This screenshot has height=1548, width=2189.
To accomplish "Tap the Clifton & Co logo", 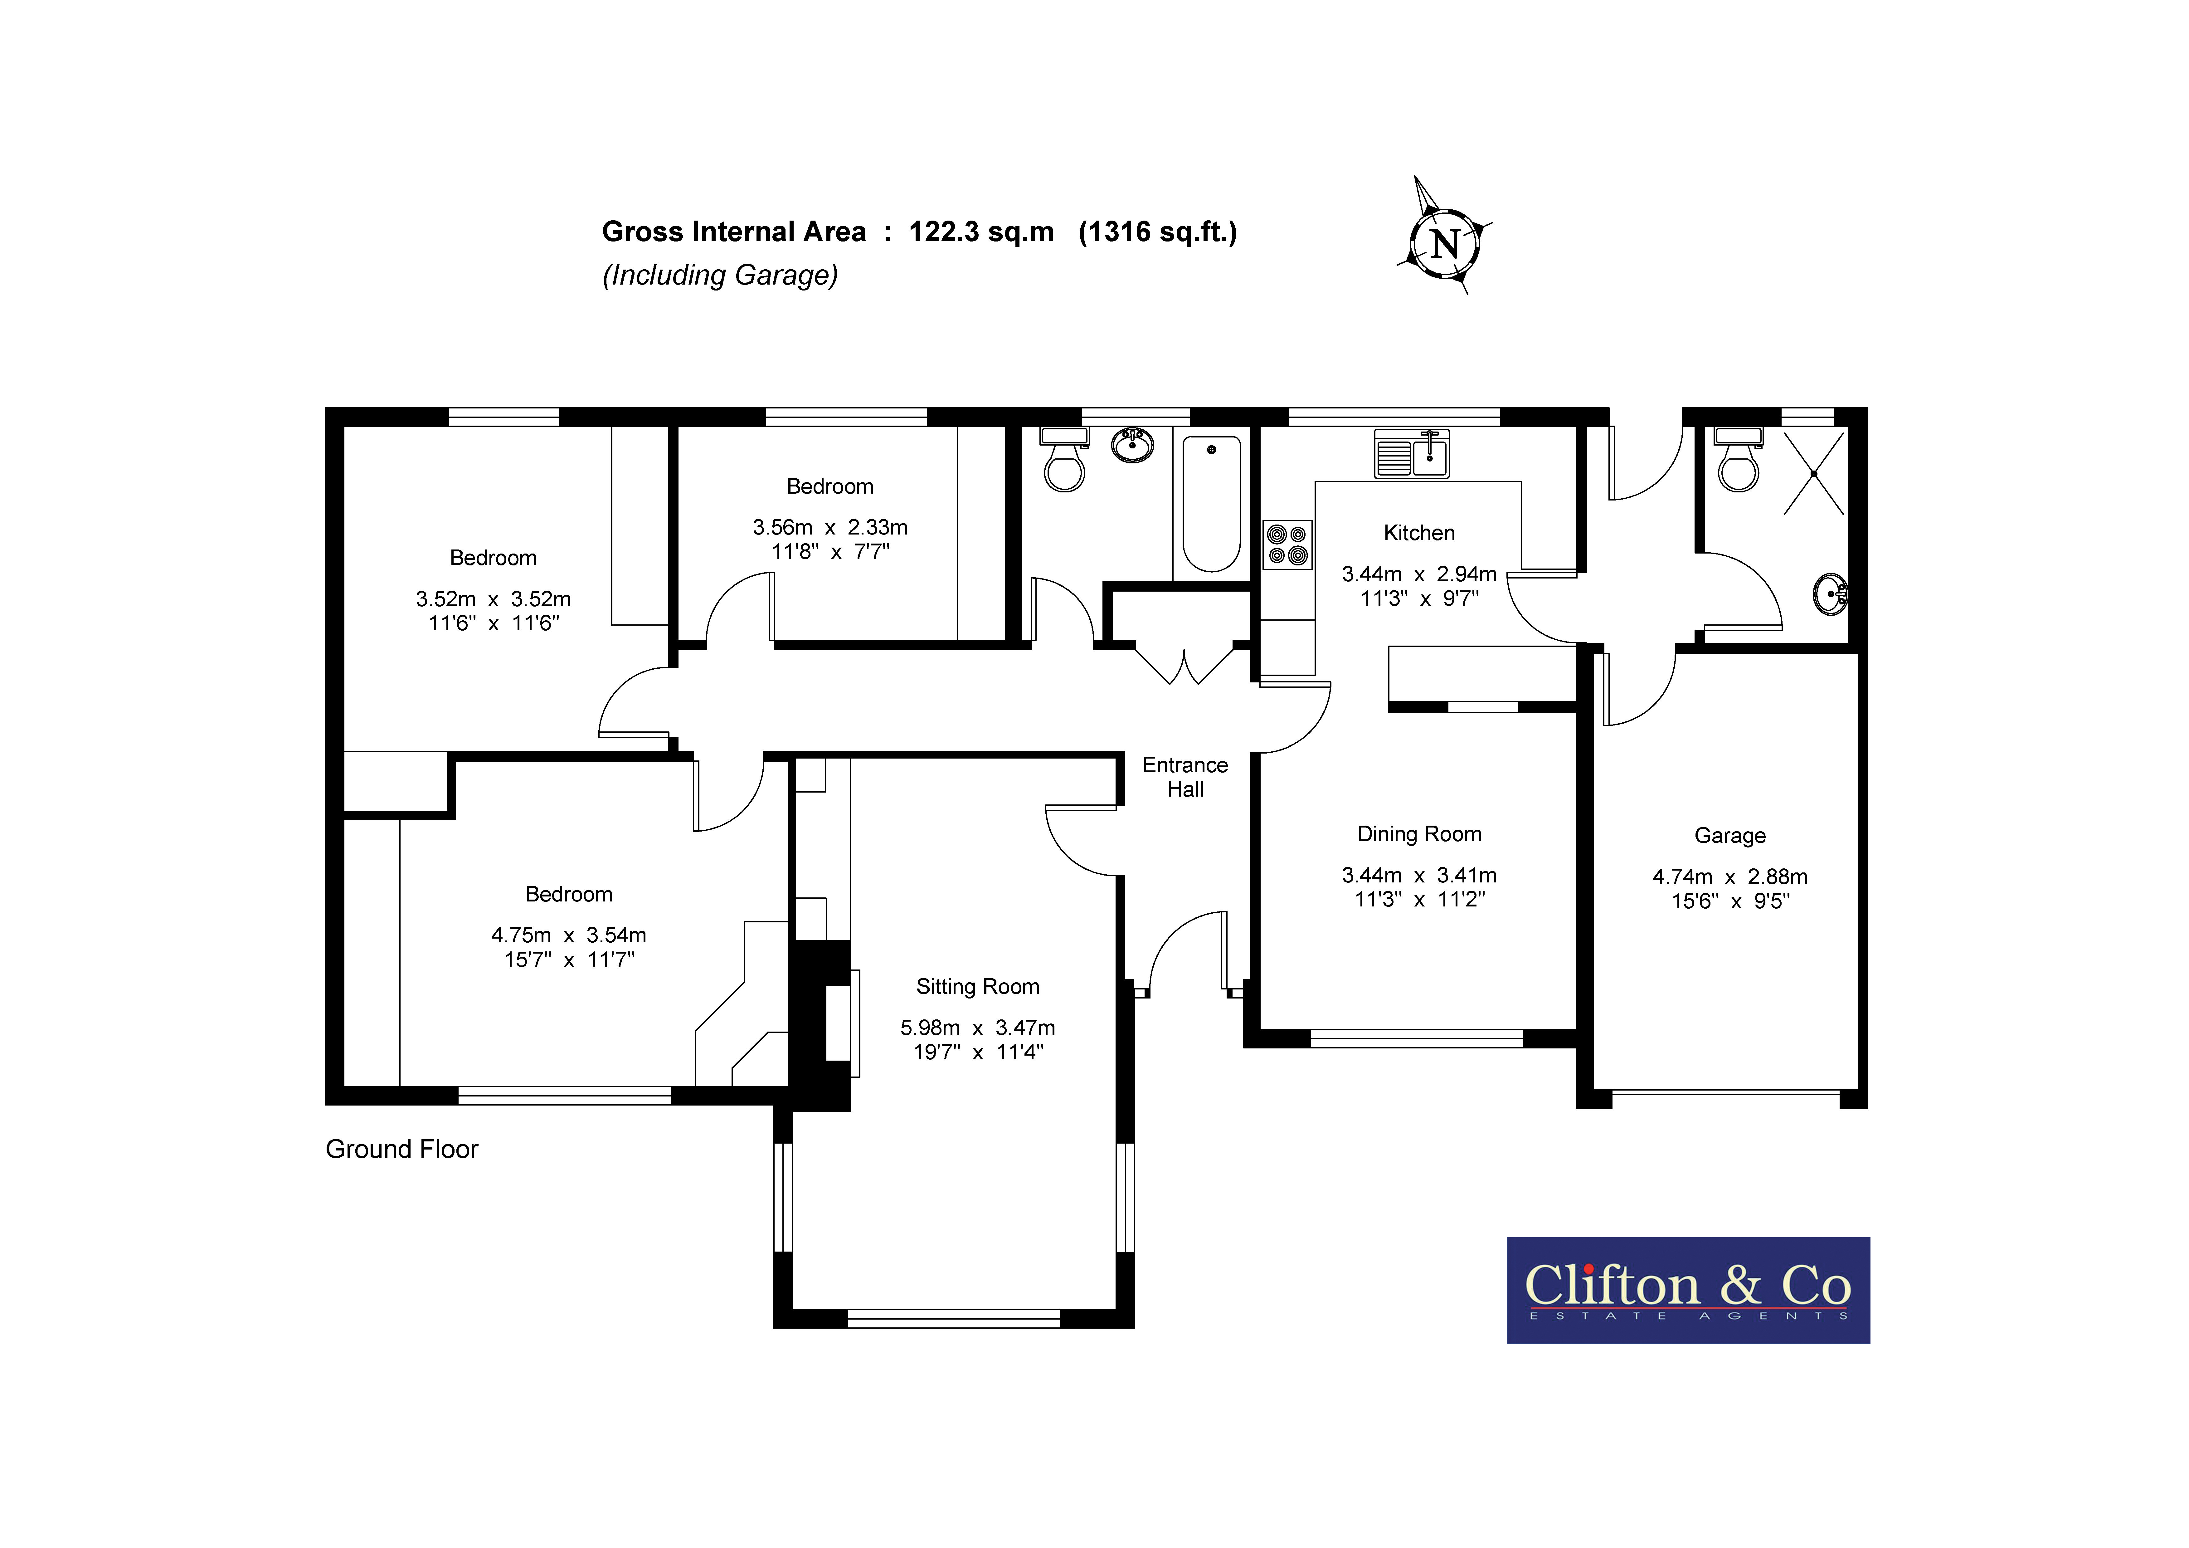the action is (1687, 1291).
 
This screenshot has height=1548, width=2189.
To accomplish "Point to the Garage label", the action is (1729, 836).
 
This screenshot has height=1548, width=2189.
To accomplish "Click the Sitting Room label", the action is (977, 987).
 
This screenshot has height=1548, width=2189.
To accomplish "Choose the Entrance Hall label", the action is (1185, 777).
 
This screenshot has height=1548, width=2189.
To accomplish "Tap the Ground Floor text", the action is (401, 1149).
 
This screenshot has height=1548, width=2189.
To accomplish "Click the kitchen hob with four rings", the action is (1287, 544).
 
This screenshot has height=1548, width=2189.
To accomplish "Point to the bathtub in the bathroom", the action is (1211, 504).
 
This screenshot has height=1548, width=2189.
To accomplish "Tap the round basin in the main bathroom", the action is (1133, 445).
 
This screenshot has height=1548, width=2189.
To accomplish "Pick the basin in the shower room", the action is (1831, 594).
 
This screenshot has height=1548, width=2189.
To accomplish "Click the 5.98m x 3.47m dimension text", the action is (977, 1028).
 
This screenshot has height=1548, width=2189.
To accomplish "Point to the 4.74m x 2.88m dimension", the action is (1729, 877).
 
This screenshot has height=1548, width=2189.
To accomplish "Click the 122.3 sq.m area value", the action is (981, 232).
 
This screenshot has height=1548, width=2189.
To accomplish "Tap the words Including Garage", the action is (720, 276).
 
